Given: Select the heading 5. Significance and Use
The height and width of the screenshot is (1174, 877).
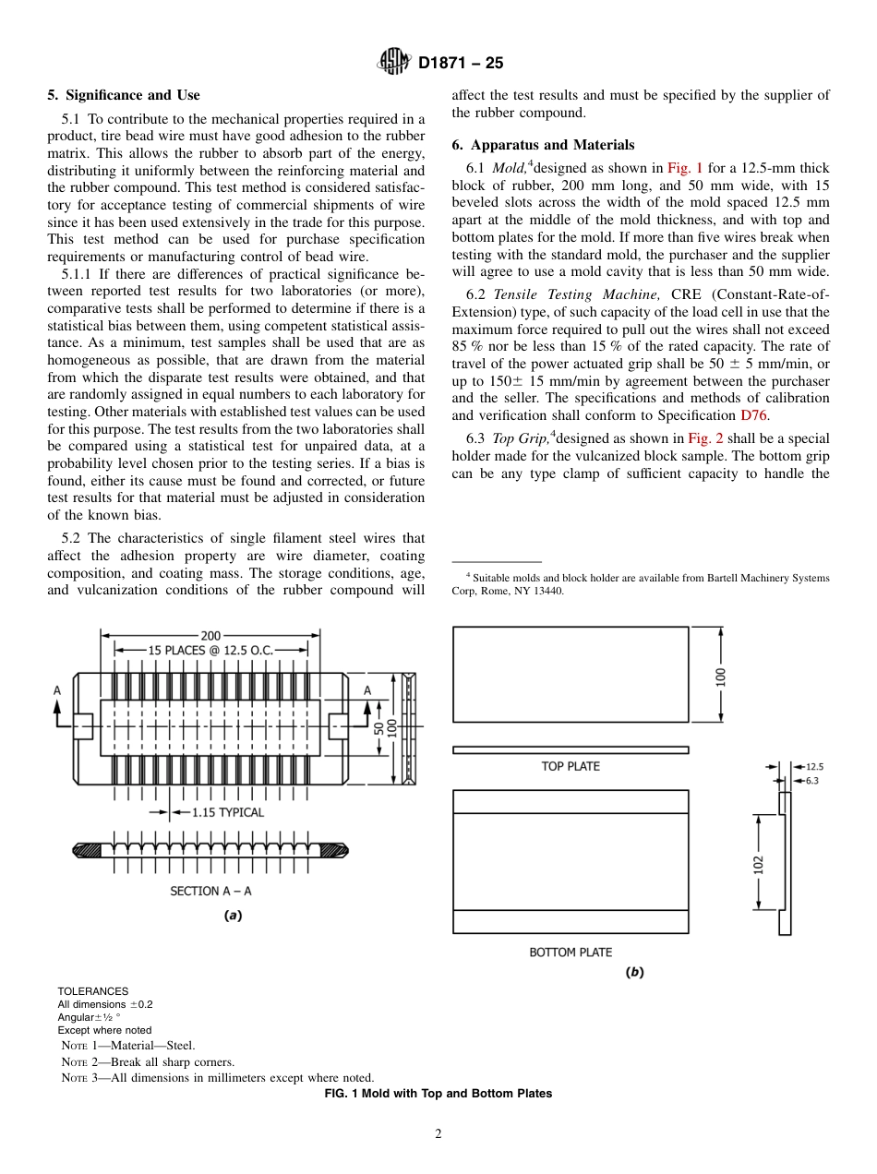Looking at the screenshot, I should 123,95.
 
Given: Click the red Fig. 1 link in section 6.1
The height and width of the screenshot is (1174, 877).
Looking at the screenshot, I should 685,168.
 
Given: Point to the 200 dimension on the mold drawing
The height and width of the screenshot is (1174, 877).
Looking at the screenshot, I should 210,635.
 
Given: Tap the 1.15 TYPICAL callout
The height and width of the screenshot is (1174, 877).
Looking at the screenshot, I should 227,812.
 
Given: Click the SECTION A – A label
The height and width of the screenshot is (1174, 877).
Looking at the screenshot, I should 210,891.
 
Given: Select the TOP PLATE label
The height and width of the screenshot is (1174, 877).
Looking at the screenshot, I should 570,766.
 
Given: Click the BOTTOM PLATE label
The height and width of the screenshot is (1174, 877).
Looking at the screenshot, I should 570,952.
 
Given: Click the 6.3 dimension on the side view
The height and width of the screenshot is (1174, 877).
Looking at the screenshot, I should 812,780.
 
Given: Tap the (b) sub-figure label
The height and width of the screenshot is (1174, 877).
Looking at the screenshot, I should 634,973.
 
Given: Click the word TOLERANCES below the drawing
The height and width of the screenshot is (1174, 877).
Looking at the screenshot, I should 92,991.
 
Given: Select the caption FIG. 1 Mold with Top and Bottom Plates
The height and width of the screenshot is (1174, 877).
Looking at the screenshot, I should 438,1094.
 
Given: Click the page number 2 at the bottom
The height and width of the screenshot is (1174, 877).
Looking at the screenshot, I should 438,1134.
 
